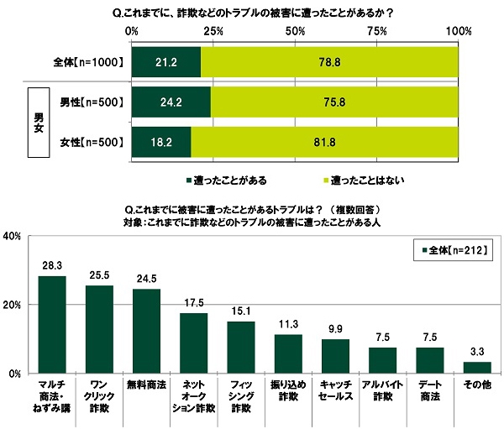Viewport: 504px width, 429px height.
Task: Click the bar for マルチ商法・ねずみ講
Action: (52, 324)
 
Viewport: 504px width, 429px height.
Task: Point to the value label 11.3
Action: (288, 324)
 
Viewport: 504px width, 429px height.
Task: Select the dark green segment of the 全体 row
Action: (166, 61)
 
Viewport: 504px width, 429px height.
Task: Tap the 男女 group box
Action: (35, 119)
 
